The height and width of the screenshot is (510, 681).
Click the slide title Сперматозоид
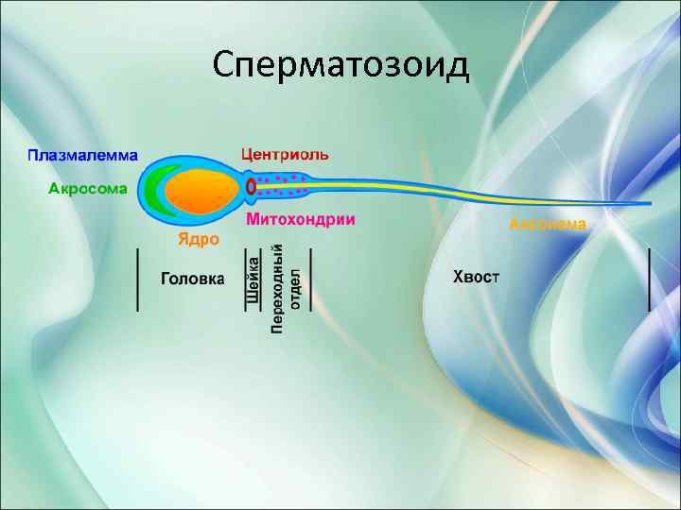pos(340,66)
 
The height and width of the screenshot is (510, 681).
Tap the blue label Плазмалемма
pos(81,154)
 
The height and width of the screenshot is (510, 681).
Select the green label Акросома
pos(87,188)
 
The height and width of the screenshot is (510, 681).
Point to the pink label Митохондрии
pos(301,220)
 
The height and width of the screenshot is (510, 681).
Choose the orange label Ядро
pos(199,239)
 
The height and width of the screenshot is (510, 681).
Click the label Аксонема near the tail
pos(548,225)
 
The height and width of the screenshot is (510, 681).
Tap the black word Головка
pos(193,279)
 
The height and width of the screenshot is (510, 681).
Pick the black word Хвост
pos(477,277)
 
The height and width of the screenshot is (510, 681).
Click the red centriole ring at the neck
pos(251,187)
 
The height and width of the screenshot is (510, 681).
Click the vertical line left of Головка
pos(139,280)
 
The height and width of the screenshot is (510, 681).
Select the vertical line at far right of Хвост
pos(649,280)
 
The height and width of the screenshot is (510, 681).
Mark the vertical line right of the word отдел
pos(311,280)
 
